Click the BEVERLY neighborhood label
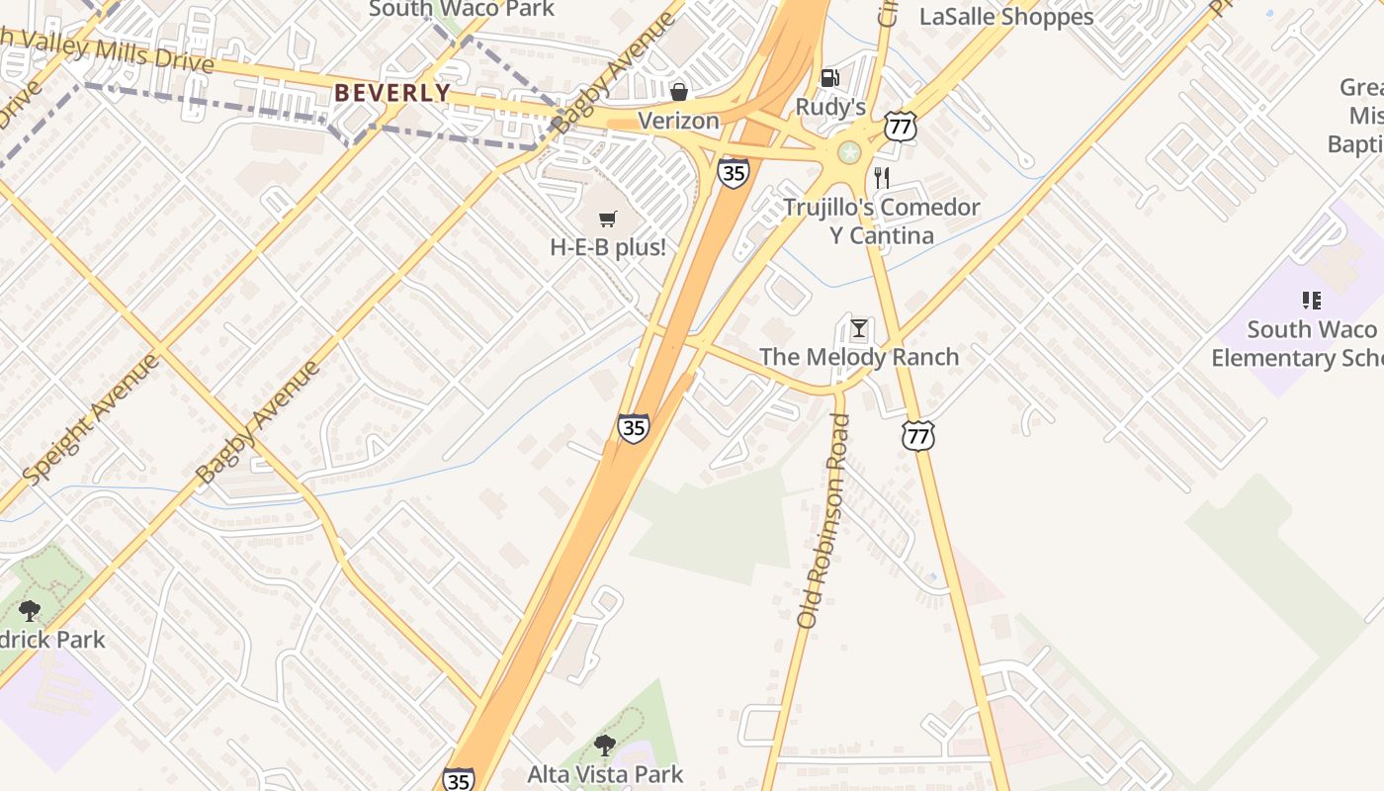pyautogui.click(x=391, y=93)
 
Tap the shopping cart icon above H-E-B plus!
pyautogui.click(x=608, y=219)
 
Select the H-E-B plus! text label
pyautogui.click(x=608, y=247)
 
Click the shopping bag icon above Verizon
pyautogui.click(x=679, y=92)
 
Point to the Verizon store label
pyautogui.click(x=678, y=121)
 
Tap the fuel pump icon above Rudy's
pyautogui.click(x=830, y=78)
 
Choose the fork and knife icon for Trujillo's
pyautogui.click(x=882, y=178)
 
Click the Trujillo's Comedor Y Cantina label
pyautogui.click(x=881, y=221)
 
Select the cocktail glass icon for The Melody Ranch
pyautogui.click(x=859, y=328)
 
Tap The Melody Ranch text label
pyautogui.click(x=859, y=357)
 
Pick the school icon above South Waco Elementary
pyautogui.click(x=1311, y=301)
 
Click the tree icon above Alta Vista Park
pyautogui.click(x=605, y=746)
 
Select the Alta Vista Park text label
pyautogui.click(x=605, y=774)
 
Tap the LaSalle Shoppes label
pyautogui.click(x=1006, y=17)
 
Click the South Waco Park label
pyautogui.click(x=462, y=10)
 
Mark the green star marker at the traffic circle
pyautogui.click(x=848, y=152)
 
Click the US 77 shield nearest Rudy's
pyautogui.click(x=901, y=126)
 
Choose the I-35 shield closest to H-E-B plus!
pyautogui.click(x=733, y=172)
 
